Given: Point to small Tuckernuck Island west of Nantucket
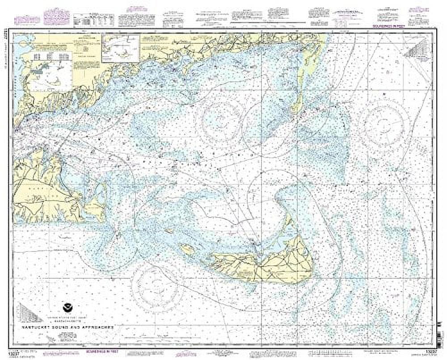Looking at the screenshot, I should (187, 249).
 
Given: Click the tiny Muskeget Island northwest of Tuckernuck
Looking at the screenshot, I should (169, 231).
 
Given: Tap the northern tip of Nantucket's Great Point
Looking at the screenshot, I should (280, 193).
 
